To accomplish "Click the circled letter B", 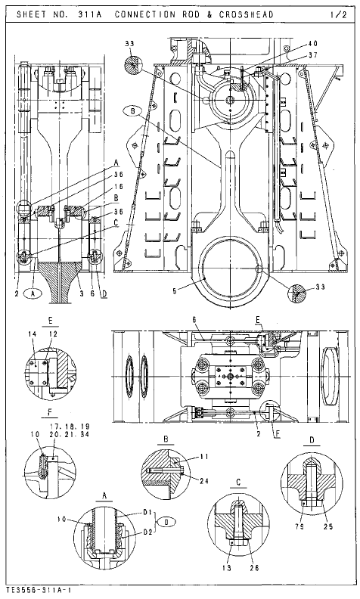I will click(134, 110).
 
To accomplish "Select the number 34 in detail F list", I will click(85, 436).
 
